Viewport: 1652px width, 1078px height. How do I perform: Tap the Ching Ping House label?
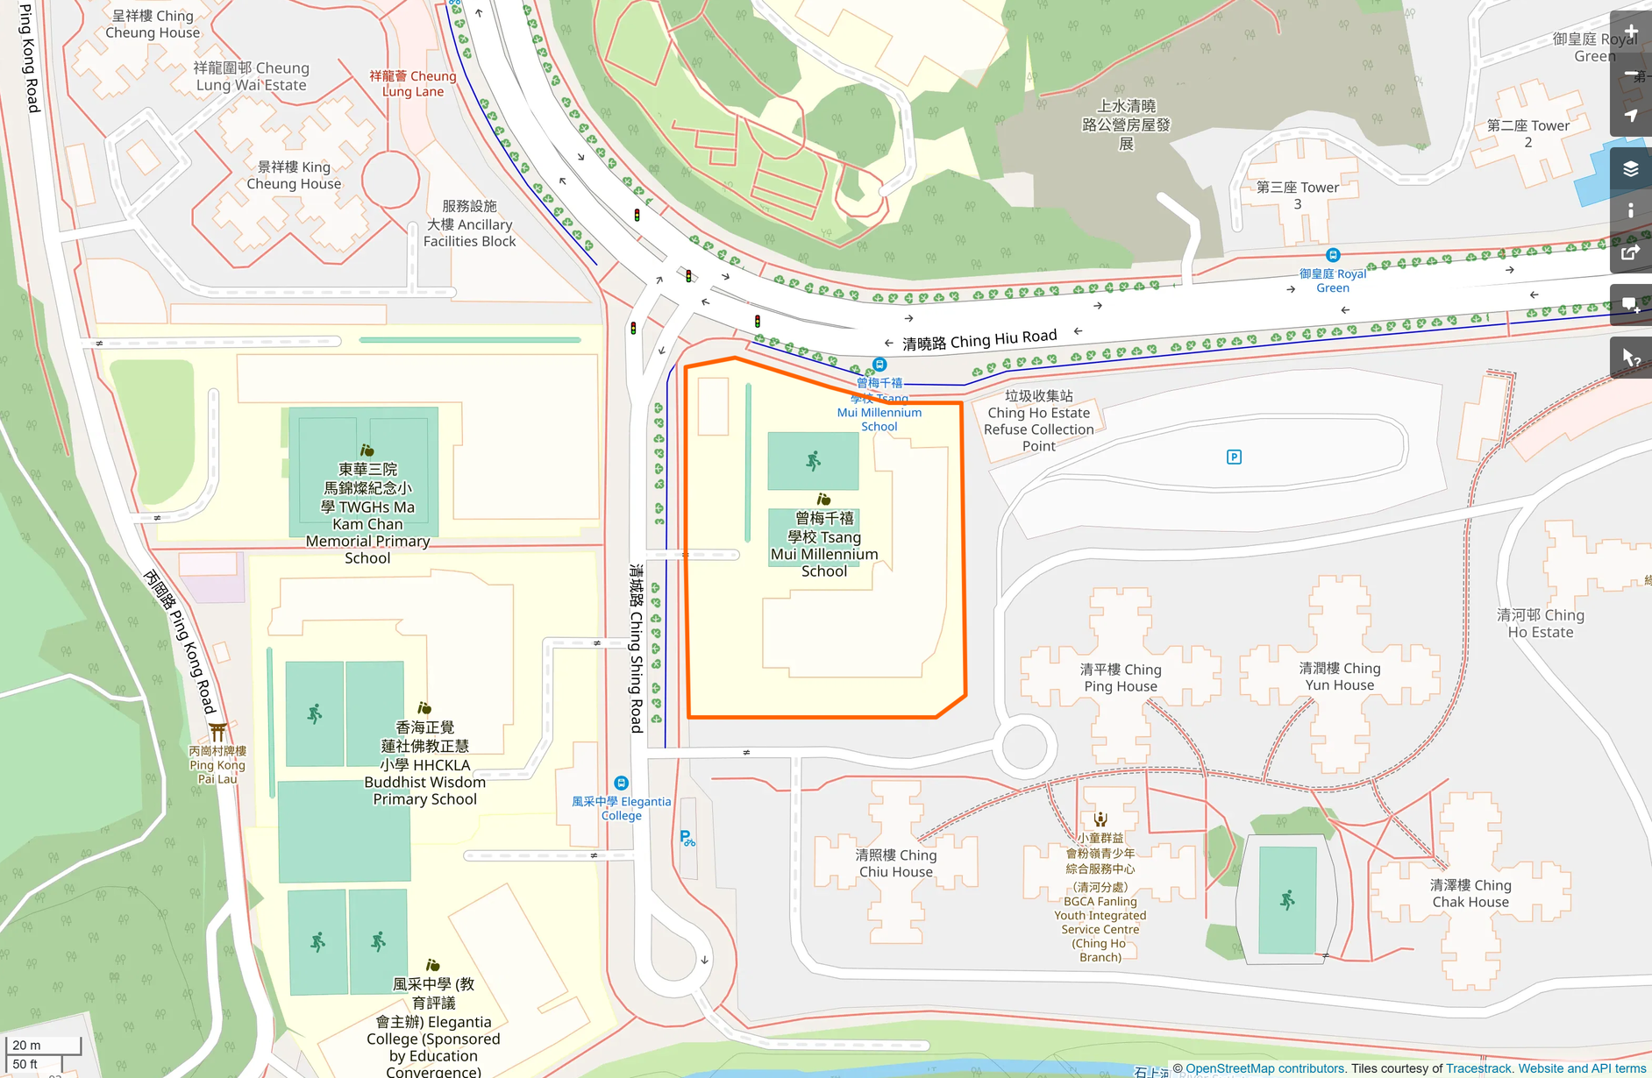point(1121,677)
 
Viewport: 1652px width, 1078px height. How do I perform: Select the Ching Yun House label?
point(1339,677)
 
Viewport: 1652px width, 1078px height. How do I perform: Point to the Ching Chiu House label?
point(896,863)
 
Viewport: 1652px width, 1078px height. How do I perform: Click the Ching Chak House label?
point(1470,893)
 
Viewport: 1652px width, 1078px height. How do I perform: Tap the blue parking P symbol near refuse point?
point(1234,457)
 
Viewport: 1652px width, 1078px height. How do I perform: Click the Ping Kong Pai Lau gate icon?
point(217,731)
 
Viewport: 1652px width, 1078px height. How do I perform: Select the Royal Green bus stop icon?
point(1333,255)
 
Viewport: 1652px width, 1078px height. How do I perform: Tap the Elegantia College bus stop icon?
point(621,783)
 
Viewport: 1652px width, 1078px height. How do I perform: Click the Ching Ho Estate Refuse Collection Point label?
point(1039,421)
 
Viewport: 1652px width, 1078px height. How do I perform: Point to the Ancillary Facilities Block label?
point(470,223)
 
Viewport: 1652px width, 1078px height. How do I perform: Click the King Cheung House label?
point(294,175)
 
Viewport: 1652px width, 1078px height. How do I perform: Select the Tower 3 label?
point(1298,195)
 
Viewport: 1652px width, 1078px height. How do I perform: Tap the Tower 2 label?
point(1528,133)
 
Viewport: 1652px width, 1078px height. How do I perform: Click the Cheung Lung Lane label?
point(413,83)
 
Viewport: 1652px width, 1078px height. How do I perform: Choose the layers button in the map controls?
point(1631,168)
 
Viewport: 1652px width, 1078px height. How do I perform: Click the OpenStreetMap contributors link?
point(1264,1068)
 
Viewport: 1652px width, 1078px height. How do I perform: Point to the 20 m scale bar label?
point(26,1045)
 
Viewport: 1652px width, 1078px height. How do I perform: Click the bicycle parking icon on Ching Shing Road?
point(687,839)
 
